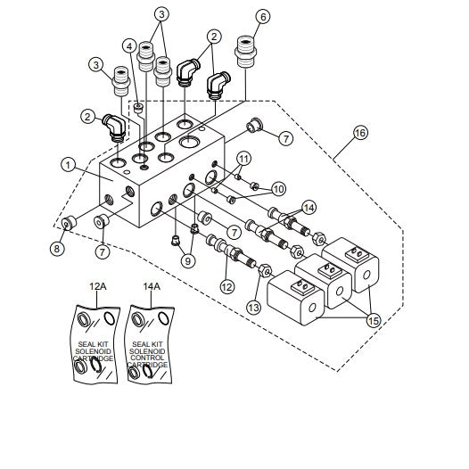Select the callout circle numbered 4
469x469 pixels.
coord(129,45)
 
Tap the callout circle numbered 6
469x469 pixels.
coord(262,16)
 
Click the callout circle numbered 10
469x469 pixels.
coord(278,188)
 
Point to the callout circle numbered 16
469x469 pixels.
coord(359,131)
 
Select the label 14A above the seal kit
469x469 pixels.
coord(152,286)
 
